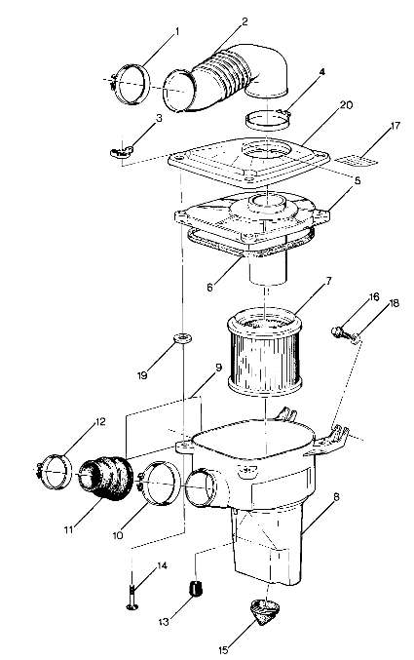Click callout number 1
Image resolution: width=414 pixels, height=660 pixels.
pyautogui.click(x=176, y=33)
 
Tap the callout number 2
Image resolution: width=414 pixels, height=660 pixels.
pyautogui.click(x=245, y=21)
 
